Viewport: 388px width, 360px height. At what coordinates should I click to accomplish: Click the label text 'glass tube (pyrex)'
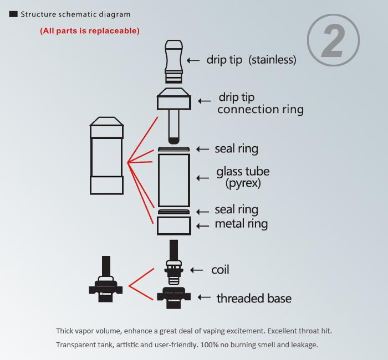click(243, 177)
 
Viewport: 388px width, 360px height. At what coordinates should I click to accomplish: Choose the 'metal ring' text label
click(241, 224)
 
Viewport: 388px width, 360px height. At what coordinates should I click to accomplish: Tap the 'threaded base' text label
click(254, 299)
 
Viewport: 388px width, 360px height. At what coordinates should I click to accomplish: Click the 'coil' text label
click(220, 270)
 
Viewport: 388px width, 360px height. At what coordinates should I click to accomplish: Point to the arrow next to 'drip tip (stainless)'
click(193, 60)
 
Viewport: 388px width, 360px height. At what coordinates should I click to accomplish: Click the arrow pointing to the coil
click(197, 270)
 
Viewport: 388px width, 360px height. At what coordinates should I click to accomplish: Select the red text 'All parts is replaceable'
click(90, 31)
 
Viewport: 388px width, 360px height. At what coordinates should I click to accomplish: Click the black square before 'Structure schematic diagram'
click(14, 14)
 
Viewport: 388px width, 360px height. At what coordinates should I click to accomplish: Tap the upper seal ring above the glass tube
click(174, 149)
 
